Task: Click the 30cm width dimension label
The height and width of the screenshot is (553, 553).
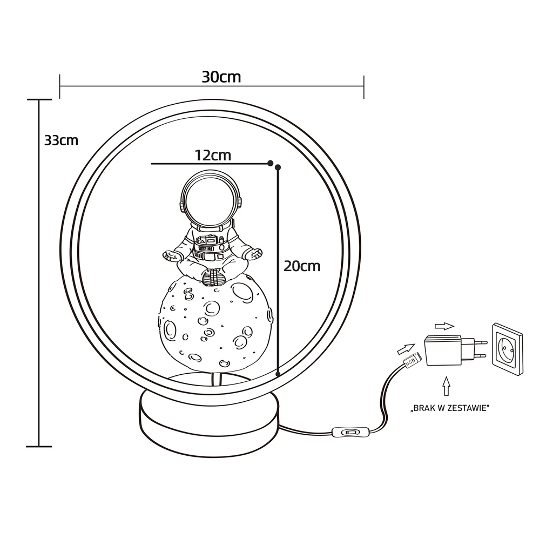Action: coord(221,77)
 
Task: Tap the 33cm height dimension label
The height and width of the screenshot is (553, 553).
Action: coord(61,140)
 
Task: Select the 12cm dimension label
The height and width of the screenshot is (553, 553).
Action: coord(213,155)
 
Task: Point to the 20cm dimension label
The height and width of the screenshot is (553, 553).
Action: coord(302,266)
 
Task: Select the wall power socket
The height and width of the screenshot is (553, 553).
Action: coord(508,348)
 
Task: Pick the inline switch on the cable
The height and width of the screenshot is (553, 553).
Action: coord(350,432)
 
